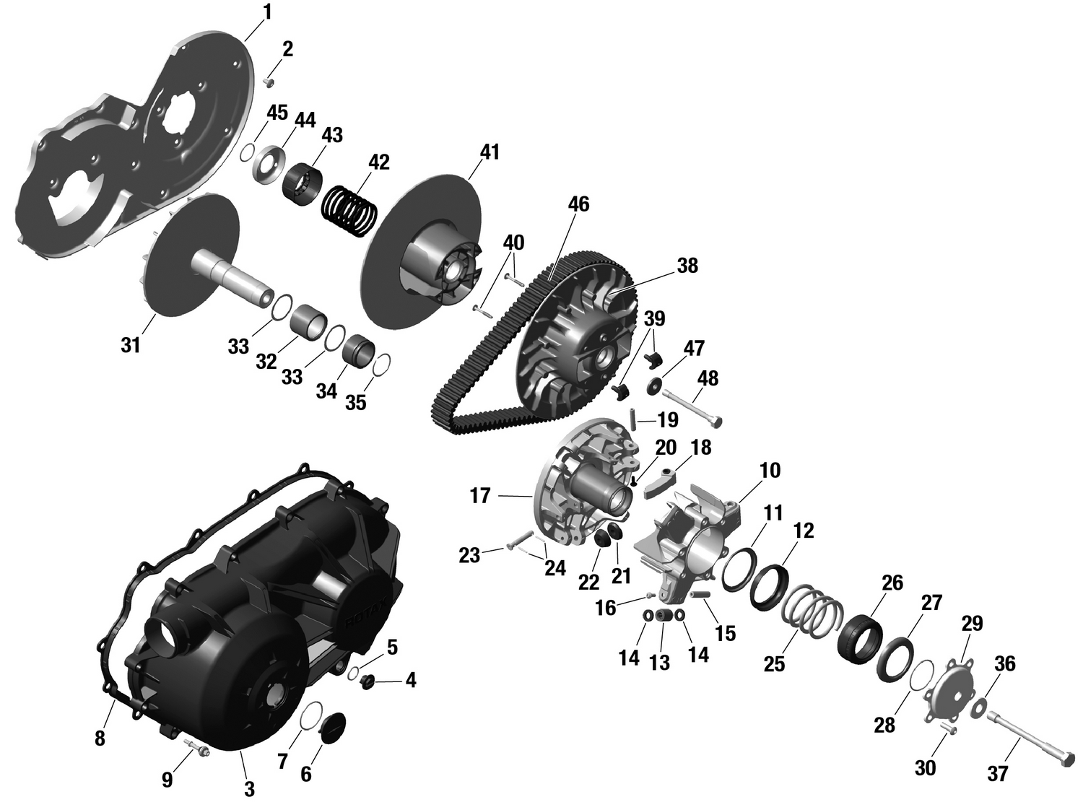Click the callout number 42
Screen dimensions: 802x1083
[378, 162]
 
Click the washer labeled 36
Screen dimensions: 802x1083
[980, 705]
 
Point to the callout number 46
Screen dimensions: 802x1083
[578, 204]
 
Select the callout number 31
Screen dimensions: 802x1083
[130, 346]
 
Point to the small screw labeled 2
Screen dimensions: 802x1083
[270, 82]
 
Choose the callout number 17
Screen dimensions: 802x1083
[480, 497]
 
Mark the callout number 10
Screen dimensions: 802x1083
[770, 470]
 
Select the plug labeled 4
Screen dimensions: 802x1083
[367, 680]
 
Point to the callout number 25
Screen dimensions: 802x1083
[774, 663]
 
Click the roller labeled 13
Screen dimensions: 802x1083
[664, 615]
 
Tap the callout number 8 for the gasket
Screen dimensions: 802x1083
[100, 738]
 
